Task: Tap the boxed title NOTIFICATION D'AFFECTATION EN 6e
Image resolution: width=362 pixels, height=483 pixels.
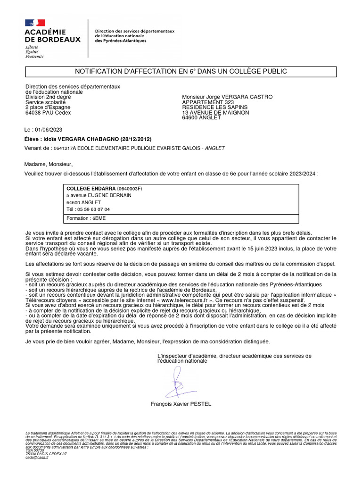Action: [x=181, y=71]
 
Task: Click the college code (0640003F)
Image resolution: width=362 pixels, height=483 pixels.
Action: [x=129, y=189]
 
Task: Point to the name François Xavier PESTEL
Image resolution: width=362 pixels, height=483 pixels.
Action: [x=181, y=404]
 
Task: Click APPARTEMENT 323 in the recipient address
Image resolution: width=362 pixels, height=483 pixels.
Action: [x=207, y=102]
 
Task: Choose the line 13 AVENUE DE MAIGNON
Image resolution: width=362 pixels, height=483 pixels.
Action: [x=215, y=113]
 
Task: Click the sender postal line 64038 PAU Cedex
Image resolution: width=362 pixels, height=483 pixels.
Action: [x=48, y=113]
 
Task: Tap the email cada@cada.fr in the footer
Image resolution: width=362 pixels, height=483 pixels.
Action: [x=37, y=457]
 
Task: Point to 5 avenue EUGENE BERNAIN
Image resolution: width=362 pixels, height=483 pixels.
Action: [x=99, y=195]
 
